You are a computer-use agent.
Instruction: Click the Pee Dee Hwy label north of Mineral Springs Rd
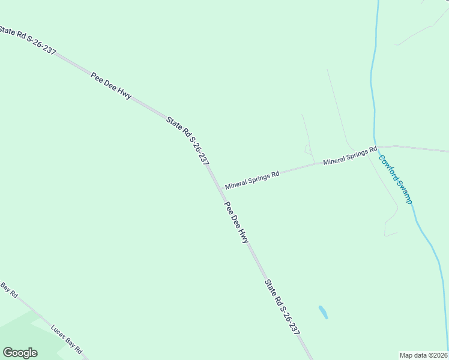(x=111, y=85)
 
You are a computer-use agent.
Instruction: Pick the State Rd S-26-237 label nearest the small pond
(x=282, y=307)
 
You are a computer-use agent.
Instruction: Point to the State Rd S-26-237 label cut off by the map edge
(x=28, y=41)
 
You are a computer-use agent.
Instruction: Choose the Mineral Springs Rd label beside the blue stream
(x=350, y=155)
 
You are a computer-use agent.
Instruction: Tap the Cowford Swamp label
(x=395, y=179)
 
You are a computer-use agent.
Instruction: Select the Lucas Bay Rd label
(x=66, y=340)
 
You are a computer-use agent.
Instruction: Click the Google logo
(x=20, y=353)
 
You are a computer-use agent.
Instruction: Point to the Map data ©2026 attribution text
(x=424, y=355)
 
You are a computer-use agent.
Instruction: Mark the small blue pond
(x=323, y=312)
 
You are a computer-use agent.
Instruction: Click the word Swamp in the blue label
(x=403, y=193)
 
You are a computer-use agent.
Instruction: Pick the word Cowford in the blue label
(x=387, y=168)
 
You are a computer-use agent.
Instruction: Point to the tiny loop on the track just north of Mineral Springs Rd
(x=308, y=149)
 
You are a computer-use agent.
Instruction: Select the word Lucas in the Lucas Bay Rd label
(x=58, y=332)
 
